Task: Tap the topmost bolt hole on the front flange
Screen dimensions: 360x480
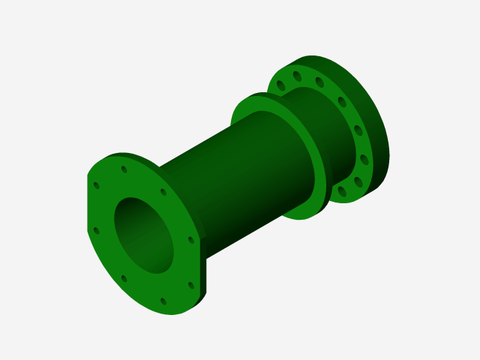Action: [x=124, y=169]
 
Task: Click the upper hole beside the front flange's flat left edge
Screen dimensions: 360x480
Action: [x=96, y=185]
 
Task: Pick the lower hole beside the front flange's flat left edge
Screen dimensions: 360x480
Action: [x=95, y=230]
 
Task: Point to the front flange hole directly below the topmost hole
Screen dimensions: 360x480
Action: [x=124, y=278]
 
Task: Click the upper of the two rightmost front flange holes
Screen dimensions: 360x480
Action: [x=190, y=240]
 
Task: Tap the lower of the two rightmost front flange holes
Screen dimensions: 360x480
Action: [x=190, y=286]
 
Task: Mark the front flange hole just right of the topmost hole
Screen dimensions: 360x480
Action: [x=163, y=192]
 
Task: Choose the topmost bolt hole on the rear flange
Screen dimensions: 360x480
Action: [x=298, y=76]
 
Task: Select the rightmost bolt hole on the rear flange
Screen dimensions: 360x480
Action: [x=364, y=159]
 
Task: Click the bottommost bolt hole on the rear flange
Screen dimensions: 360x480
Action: [x=342, y=192]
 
